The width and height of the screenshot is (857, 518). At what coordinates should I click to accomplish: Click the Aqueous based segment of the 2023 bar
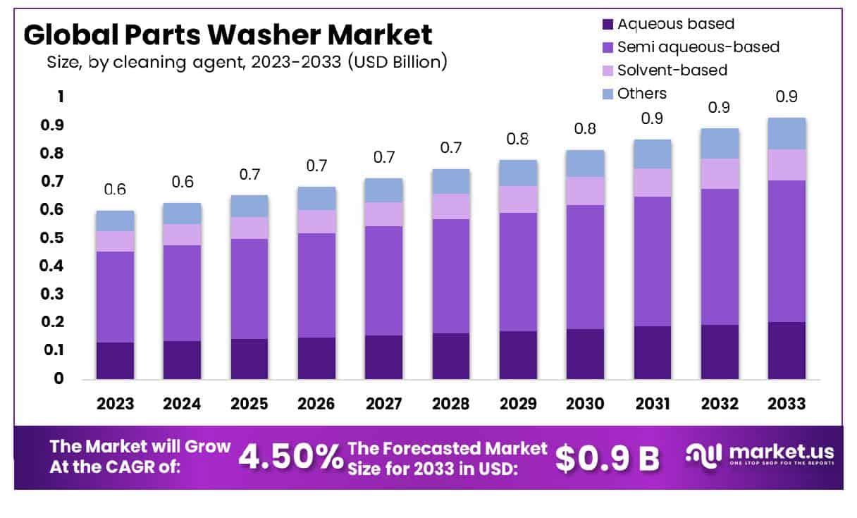click(115, 361)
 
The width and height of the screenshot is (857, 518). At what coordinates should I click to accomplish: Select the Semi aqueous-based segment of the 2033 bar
click(787, 251)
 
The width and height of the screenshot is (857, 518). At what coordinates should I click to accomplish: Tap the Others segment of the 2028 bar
click(451, 181)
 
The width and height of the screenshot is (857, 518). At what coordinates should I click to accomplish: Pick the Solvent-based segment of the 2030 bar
click(585, 190)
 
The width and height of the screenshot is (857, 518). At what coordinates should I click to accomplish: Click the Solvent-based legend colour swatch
click(608, 70)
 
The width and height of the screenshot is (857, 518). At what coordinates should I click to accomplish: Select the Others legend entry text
click(641, 93)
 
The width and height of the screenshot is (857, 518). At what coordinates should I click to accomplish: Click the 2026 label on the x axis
click(316, 404)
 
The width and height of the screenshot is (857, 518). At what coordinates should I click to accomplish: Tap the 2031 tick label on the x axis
click(652, 404)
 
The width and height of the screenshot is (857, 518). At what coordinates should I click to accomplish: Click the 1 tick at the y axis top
click(60, 97)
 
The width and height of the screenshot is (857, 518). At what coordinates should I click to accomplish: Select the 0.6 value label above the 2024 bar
click(182, 182)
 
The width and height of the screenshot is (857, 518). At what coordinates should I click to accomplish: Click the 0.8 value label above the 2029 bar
click(518, 139)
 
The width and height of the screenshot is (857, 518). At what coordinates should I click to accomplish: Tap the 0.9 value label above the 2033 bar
click(787, 97)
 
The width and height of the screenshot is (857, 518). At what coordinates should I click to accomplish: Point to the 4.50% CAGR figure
click(289, 457)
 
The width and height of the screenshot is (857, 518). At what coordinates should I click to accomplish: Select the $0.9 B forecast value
click(607, 458)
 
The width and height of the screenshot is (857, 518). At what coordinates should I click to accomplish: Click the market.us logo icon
click(703, 455)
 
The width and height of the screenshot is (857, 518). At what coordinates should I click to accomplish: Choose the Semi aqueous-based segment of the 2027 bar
click(383, 280)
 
